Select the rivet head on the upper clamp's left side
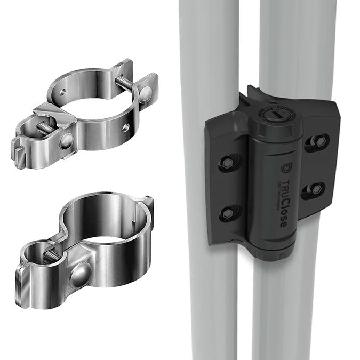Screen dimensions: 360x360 (66, 141)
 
